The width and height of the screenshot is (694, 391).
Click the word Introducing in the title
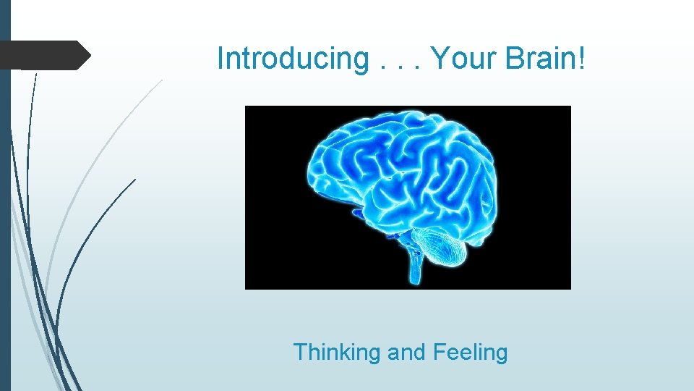coord(293,59)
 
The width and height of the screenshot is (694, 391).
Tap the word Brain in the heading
coord(541,59)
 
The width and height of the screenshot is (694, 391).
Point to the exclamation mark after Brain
coord(581,59)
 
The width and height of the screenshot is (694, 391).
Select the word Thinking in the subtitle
coord(337,353)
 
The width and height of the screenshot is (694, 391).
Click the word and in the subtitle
coord(407,353)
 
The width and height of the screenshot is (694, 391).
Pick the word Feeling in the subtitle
coord(470,353)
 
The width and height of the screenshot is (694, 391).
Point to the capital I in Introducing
coord(220,59)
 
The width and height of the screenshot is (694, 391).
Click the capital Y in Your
coord(440,59)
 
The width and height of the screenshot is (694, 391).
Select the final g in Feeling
coord(501,355)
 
